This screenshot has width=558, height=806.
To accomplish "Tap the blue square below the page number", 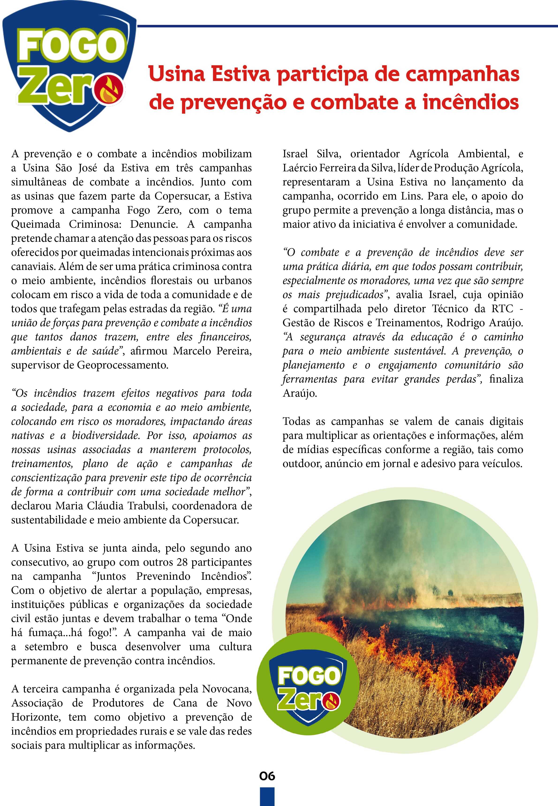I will (x=267, y=797).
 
